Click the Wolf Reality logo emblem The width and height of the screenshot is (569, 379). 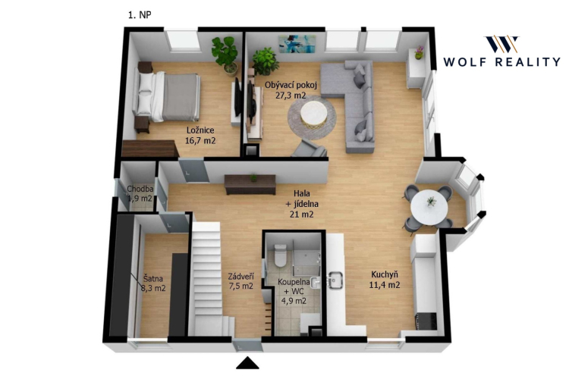tap(502, 44)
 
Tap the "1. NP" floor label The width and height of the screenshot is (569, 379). tap(140, 15)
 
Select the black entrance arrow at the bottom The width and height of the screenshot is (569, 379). tap(247, 363)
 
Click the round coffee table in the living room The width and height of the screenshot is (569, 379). tap(314, 114)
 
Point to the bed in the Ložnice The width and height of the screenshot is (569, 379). tap(168, 96)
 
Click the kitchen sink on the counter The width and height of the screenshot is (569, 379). tap(335, 280)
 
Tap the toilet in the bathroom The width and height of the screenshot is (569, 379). tap(281, 255)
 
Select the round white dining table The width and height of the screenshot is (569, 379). tap(429, 208)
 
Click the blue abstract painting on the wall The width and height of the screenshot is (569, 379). tap(297, 43)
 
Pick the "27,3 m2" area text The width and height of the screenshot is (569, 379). tap(291, 96)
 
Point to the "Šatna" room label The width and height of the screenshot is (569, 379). tap(152, 279)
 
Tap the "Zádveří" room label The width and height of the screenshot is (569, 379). tap(240, 277)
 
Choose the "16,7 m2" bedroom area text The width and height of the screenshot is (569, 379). tap(200, 140)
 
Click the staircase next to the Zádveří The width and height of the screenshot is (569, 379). tap(209, 279)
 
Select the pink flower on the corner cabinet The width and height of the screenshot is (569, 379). tap(420, 52)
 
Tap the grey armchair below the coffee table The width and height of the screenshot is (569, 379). tap(309, 149)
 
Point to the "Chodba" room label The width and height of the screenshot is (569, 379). tap(140, 189)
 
